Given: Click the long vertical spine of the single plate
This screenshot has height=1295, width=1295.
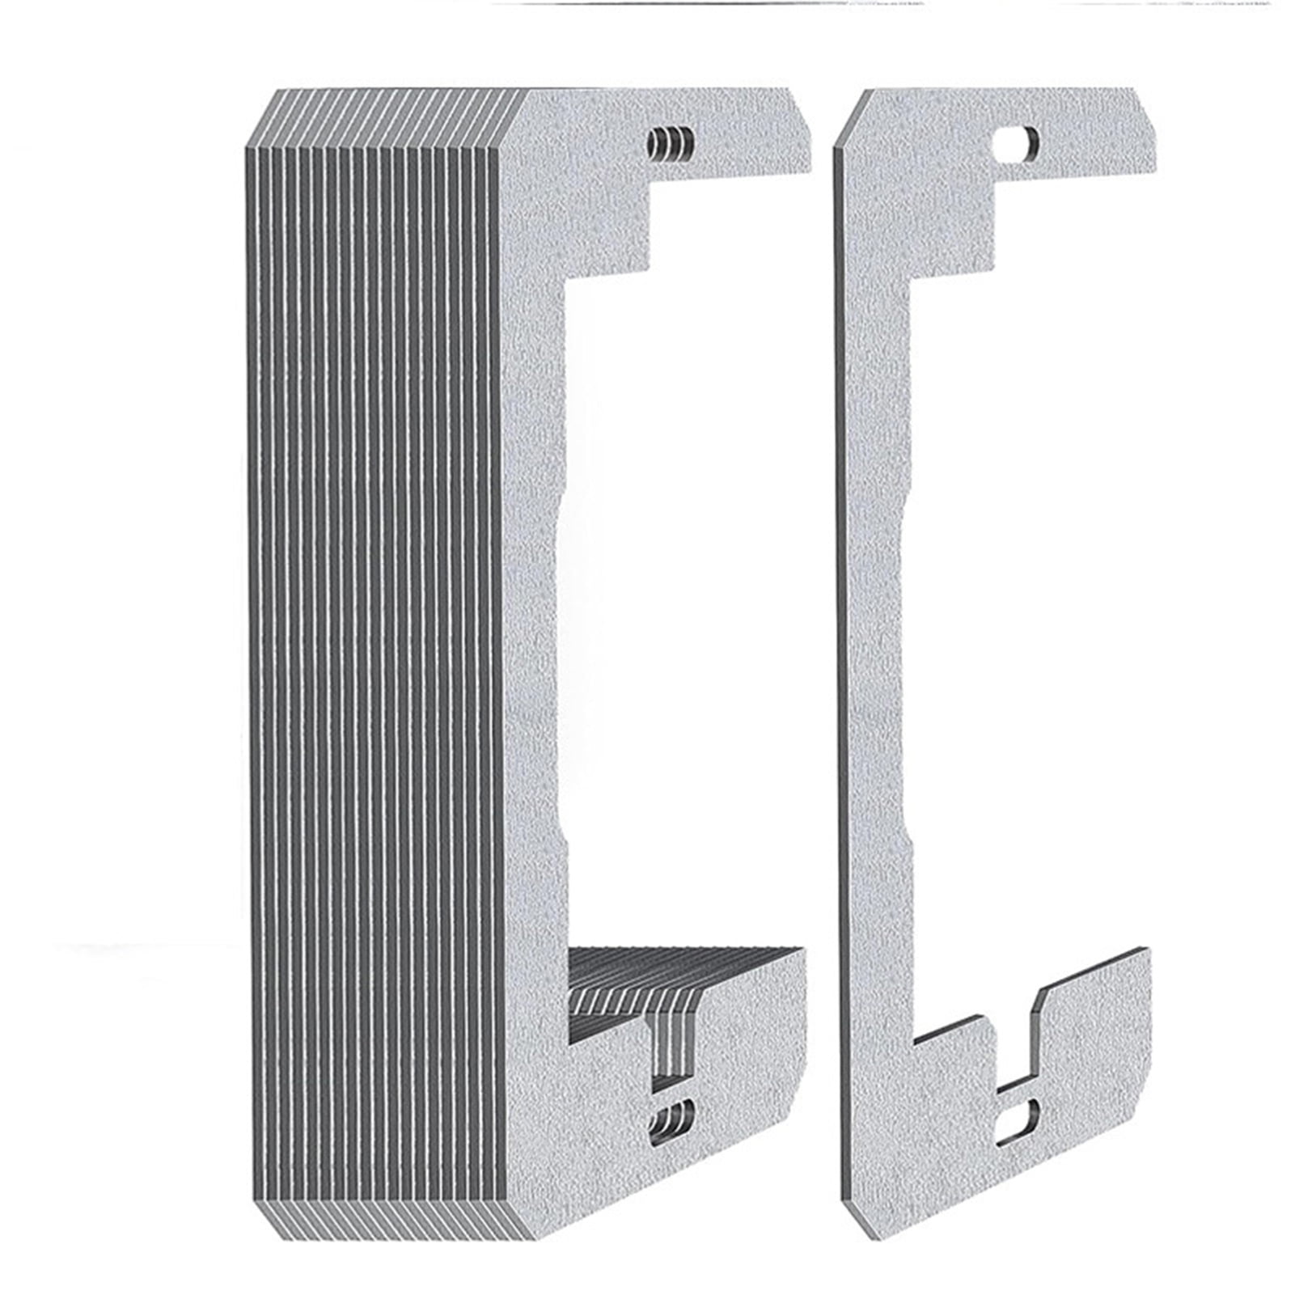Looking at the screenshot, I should click(x=874, y=647).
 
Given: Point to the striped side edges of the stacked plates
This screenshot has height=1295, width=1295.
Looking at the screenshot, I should click(x=372, y=647).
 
